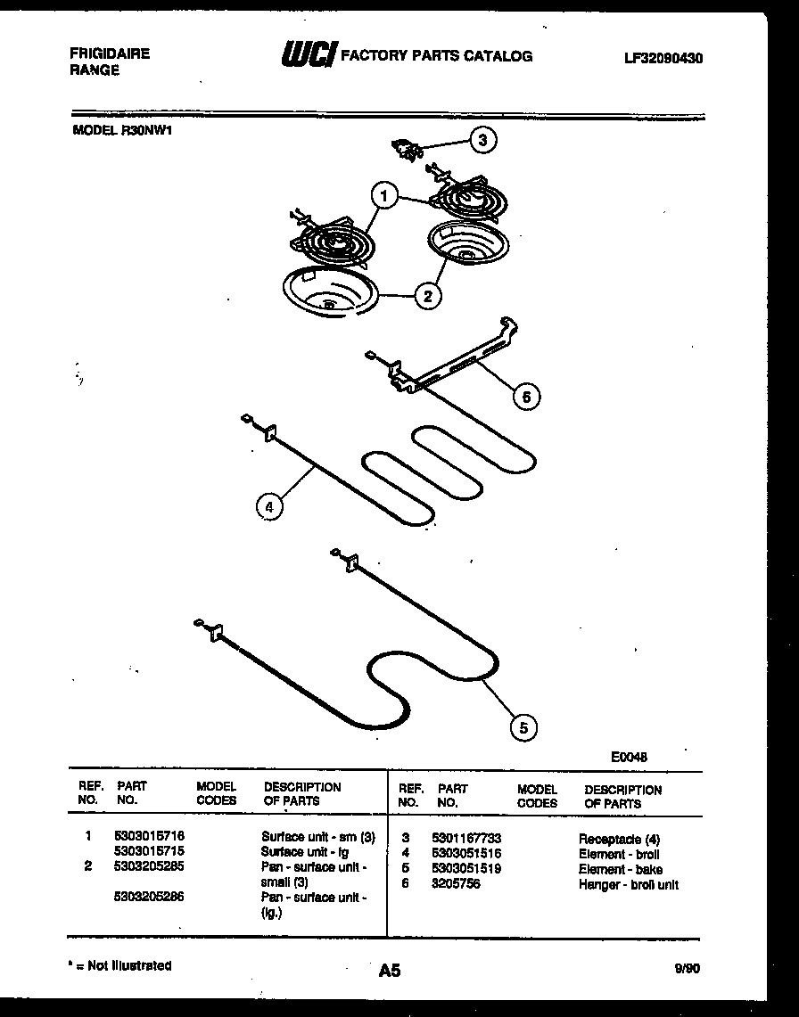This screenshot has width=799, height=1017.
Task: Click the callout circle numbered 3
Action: click(x=482, y=139)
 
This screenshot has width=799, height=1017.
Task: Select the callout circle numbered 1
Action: click(x=383, y=195)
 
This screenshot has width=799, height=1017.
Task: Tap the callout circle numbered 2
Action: click(x=428, y=296)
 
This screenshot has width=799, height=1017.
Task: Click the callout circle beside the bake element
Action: click(x=523, y=728)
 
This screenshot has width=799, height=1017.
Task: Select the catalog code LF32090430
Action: click(x=663, y=58)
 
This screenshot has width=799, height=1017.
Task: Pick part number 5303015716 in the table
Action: click(x=149, y=837)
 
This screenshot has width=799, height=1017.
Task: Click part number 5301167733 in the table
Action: click(x=465, y=839)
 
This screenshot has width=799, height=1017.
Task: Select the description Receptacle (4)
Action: click(x=619, y=839)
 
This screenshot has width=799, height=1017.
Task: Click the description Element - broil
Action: click(x=619, y=854)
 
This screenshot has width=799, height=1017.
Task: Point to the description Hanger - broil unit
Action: click(x=628, y=884)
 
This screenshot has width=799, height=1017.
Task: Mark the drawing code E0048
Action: click(x=629, y=757)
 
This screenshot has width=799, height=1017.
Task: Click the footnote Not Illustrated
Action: click(x=123, y=965)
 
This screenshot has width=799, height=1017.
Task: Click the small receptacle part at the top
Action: click(x=409, y=149)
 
